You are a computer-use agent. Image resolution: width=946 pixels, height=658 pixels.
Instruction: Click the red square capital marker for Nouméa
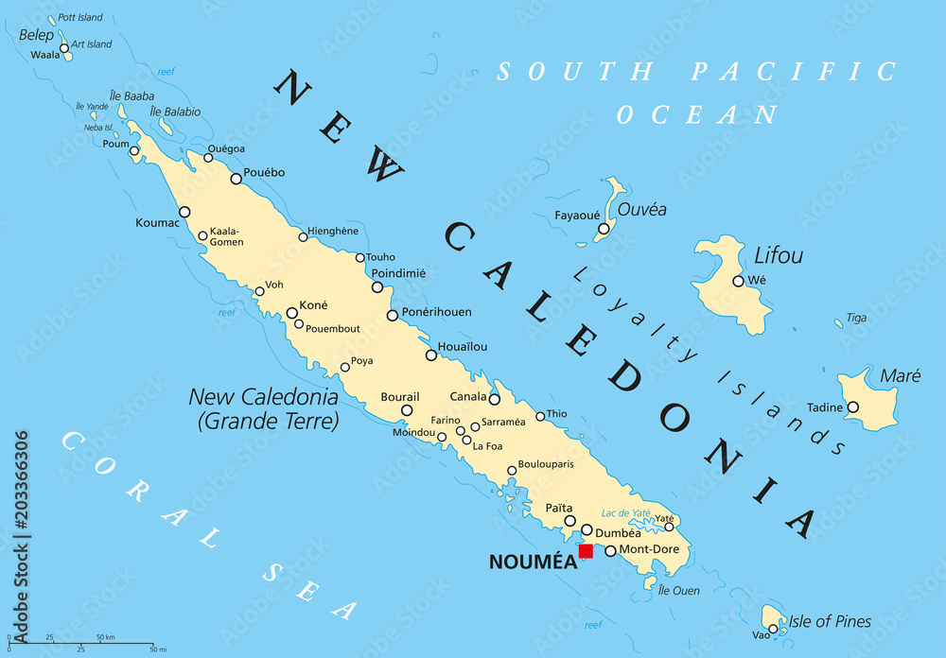tap(586, 551)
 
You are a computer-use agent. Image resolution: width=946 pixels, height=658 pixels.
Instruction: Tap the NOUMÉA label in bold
tap(533, 562)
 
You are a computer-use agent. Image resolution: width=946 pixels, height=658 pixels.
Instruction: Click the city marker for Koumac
tap(184, 212)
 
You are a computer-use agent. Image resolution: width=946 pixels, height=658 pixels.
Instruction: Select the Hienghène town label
tap(333, 231)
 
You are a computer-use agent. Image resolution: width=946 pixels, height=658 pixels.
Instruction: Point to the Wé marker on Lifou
tap(738, 281)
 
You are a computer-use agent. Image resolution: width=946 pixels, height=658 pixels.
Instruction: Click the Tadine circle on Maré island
tap(852, 407)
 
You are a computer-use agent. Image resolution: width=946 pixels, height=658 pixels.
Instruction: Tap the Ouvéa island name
tap(641, 209)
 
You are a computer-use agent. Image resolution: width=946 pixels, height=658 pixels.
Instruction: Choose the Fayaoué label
tap(579, 216)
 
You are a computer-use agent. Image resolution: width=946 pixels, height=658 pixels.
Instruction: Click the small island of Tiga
tap(838, 323)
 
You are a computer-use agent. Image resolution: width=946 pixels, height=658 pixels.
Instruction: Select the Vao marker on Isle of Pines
tap(773, 629)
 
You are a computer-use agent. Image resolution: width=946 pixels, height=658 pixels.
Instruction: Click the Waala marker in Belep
tap(64, 47)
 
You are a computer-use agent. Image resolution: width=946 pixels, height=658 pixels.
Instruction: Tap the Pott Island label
tap(80, 18)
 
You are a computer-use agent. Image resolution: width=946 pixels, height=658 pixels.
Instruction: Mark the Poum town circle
tap(134, 150)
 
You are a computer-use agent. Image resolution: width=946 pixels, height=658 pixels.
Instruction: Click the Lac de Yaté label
tap(624, 512)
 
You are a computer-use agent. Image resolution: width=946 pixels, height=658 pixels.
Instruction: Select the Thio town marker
tap(540, 416)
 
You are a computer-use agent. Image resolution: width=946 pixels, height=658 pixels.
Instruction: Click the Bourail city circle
tap(407, 410)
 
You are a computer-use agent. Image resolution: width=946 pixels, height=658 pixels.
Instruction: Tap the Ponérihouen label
tap(437, 312)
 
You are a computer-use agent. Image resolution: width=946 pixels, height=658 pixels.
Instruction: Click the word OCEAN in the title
tap(697, 114)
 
